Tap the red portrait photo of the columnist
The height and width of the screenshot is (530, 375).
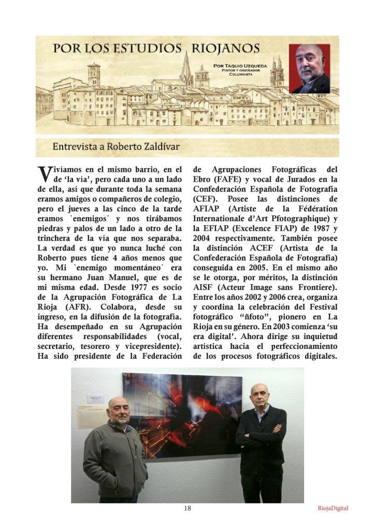309,69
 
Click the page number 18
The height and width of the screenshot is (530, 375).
187,508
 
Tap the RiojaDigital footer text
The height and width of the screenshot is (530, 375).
333,508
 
